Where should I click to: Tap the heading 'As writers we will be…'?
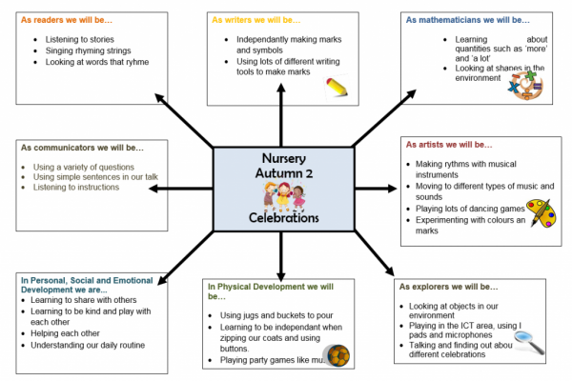tap(255, 19)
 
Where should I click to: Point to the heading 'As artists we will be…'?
tap(449, 145)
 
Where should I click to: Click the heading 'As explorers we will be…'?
tap(448, 286)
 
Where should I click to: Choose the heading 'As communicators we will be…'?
tap(81, 148)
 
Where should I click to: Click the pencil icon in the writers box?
tap(336, 87)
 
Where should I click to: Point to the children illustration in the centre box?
tap(282, 197)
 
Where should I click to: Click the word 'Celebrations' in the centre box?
tap(283, 218)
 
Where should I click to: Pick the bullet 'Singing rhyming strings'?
tap(98, 50)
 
